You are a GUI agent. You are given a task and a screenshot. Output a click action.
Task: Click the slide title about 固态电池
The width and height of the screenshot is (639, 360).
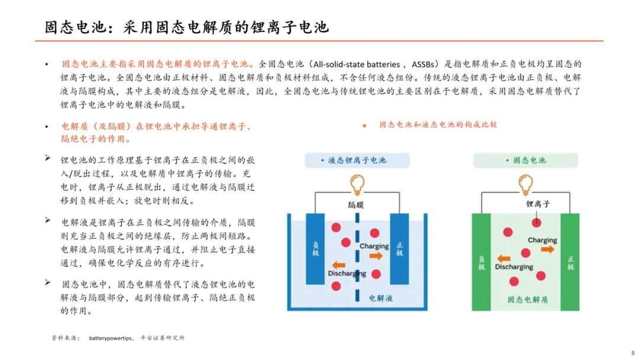[x=187, y=27]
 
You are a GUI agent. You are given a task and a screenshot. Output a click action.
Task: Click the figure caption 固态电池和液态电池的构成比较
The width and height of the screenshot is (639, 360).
[x=438, y=125]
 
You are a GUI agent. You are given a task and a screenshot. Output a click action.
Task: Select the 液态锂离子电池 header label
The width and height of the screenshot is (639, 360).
[x=357, y=160]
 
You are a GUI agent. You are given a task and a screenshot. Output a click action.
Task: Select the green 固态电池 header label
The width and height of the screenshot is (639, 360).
[x=525, y=160]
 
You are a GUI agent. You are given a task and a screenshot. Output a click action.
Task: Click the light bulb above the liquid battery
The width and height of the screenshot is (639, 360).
[x=357, y=184]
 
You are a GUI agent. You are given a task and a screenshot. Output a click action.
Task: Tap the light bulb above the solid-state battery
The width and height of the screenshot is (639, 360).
[x=525, y=184]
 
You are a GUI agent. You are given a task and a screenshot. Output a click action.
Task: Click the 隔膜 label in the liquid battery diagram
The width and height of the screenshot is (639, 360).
[x=357, y=205]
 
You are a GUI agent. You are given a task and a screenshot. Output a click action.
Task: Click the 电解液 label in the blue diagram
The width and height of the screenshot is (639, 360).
[x=380, y=298]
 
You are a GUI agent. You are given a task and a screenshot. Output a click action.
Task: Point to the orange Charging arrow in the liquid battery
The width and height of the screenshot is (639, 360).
[x=376, y=256]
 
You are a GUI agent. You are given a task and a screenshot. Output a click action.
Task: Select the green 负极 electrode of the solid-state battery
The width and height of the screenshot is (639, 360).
[x=481, y=262]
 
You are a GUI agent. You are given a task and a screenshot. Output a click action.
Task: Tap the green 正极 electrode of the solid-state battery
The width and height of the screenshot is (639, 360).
[x=570, y=262]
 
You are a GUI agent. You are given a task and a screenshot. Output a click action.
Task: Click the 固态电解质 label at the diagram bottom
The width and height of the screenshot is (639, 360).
[x=527, y=300]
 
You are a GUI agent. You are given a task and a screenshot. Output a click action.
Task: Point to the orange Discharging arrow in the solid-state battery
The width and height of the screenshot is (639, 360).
[x=504, y=258]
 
